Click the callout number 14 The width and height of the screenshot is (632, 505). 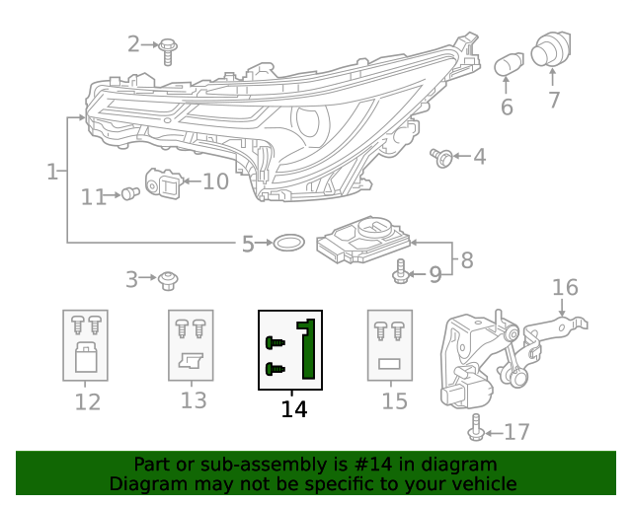coord(293,408)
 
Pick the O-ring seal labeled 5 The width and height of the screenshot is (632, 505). coord(287,243)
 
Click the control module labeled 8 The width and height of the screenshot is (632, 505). coord(362,241)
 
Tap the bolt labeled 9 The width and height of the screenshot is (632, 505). coord(401,271)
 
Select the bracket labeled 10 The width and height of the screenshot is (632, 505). coord(166,183)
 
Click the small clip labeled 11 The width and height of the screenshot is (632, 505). coord(128,195)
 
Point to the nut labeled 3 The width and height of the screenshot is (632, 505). coord(168,280)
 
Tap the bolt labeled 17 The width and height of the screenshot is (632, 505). coord(477,428)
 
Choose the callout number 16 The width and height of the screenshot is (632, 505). coord(564,287)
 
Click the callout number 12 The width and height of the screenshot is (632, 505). coord(87,401)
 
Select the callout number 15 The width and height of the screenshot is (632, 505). coord(394,401)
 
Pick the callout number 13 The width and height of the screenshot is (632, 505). coord(194,400)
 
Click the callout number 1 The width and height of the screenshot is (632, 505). coord(51,173)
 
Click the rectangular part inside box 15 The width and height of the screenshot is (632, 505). coord(389,363)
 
